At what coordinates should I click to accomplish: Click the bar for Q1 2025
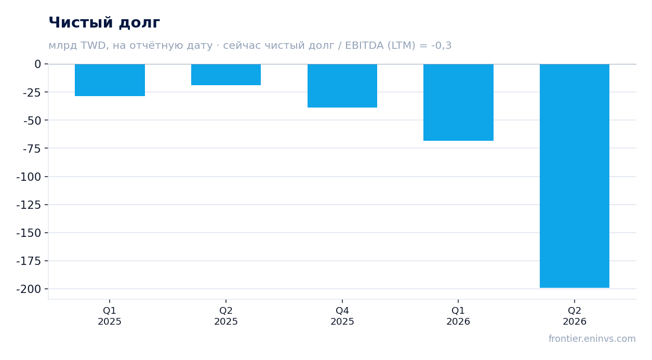point(110,80)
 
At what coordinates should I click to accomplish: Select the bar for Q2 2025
point(226,74)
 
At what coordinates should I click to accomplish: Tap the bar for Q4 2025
point(342,86)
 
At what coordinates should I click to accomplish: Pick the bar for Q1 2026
point(458,102)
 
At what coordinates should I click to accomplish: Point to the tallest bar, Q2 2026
point(575,176)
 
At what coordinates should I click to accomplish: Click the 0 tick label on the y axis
point(38,64)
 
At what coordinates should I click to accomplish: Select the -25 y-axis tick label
point(32,92)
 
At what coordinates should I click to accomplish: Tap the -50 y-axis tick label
point(32,121)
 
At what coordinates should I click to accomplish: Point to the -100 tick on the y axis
point(29,177)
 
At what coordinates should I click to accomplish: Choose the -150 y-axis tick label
point(29,233)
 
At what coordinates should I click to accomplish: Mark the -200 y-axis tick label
point(29,289)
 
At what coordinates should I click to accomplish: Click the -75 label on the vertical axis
point(32,149)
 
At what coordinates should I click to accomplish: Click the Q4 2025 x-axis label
point(342,316)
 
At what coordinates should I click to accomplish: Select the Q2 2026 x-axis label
point(575,316)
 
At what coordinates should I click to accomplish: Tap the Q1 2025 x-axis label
point(110,316)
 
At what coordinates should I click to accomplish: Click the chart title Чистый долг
point(104,23)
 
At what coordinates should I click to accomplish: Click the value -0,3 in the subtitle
point(441,46)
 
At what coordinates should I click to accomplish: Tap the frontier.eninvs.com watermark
point(592,339)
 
